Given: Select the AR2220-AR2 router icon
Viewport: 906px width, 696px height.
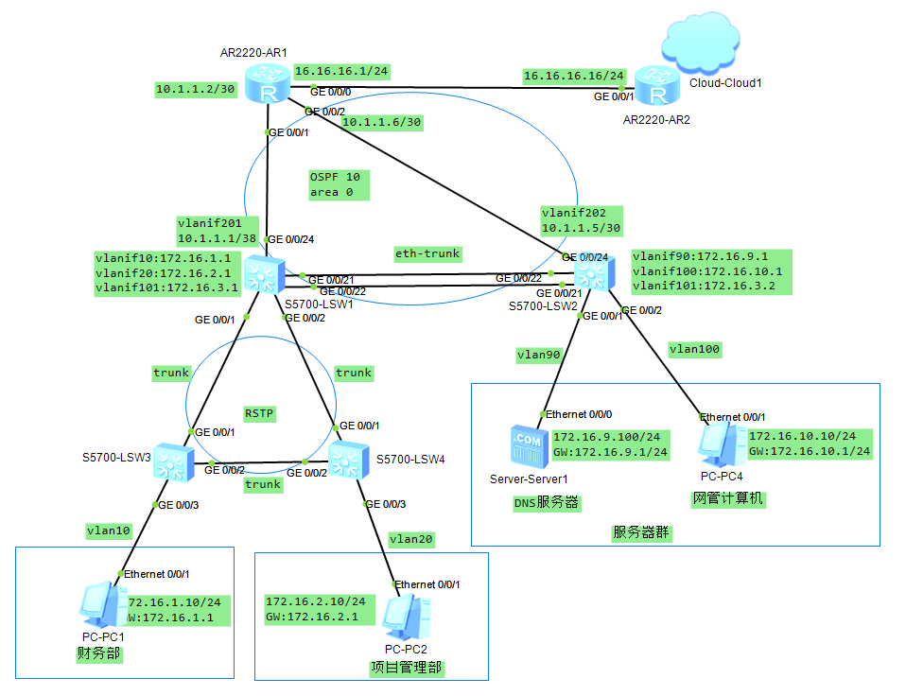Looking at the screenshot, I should [656, 88].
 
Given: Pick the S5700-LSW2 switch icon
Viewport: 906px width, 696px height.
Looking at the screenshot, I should [593, 274].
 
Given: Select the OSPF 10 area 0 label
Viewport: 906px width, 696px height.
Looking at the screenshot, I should [335, 184].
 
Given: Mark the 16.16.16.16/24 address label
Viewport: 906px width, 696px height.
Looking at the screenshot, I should [574, 75].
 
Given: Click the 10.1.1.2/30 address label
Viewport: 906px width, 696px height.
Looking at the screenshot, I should [195, 89].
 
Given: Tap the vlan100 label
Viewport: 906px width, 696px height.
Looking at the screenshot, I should [695, 349].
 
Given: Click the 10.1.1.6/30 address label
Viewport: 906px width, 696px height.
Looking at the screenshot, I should [381, 122].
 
